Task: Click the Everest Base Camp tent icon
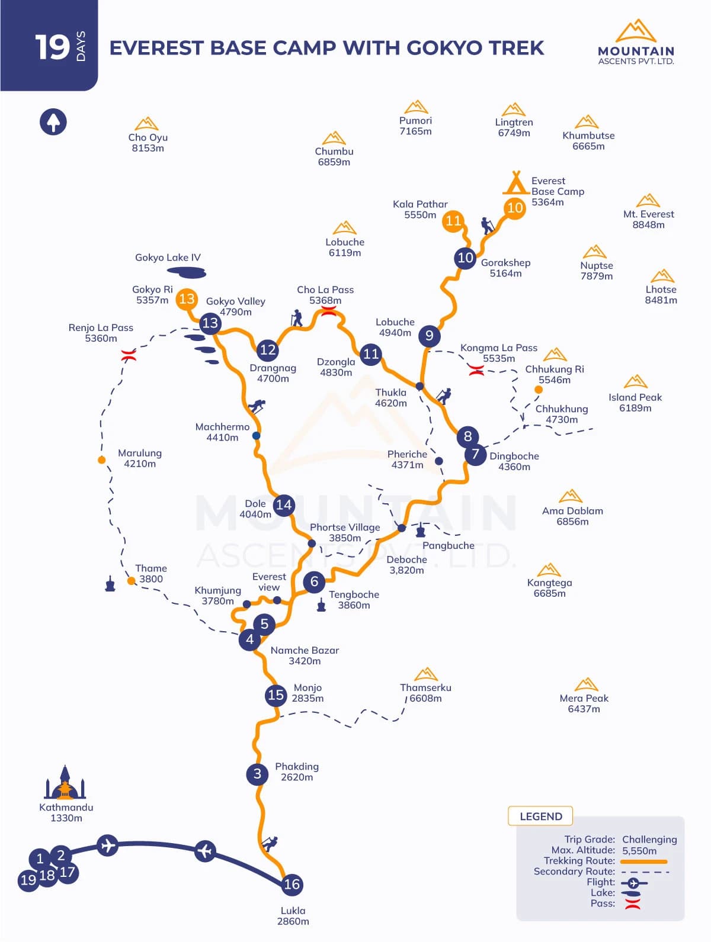click(x=515, y=183)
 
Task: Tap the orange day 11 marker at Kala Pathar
click(x=453, y=221)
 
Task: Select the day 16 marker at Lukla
click(x=292, y=884)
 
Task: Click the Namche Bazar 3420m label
click(x=305, y=655)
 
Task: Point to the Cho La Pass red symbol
click(x=328, y=311)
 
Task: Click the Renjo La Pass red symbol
click(x=129, y=356)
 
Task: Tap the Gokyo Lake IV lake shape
click(x=187, y=272)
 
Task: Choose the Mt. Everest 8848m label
click(x=648, y=219)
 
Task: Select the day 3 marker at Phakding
click(x=257, y=773)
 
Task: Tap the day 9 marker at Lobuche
click(x=429, y=336)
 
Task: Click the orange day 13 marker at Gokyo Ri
click(x=187, y=298)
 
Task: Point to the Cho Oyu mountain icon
click(x=146, y=124)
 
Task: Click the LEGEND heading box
click(x=540, y=816)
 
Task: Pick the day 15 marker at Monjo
click(x=276, y=695)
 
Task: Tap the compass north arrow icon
click(x=53, y=122)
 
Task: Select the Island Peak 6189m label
click(x=635, y=403)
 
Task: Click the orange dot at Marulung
click(x=102, y=460)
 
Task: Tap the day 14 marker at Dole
click(x=284, y=504)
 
